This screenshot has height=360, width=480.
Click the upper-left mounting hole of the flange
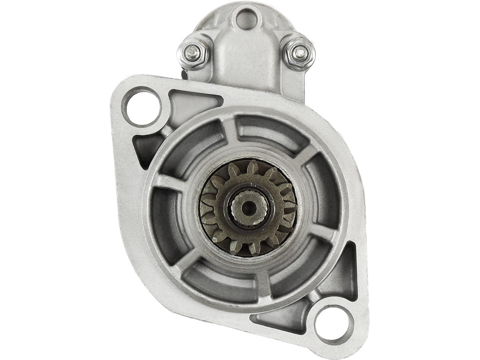[x=142, y=107]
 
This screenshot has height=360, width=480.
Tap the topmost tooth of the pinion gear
[x=252, y=168]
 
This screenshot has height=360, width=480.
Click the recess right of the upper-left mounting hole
[x=191, y=102]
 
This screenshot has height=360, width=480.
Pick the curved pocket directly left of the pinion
[x=167, y=218]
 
